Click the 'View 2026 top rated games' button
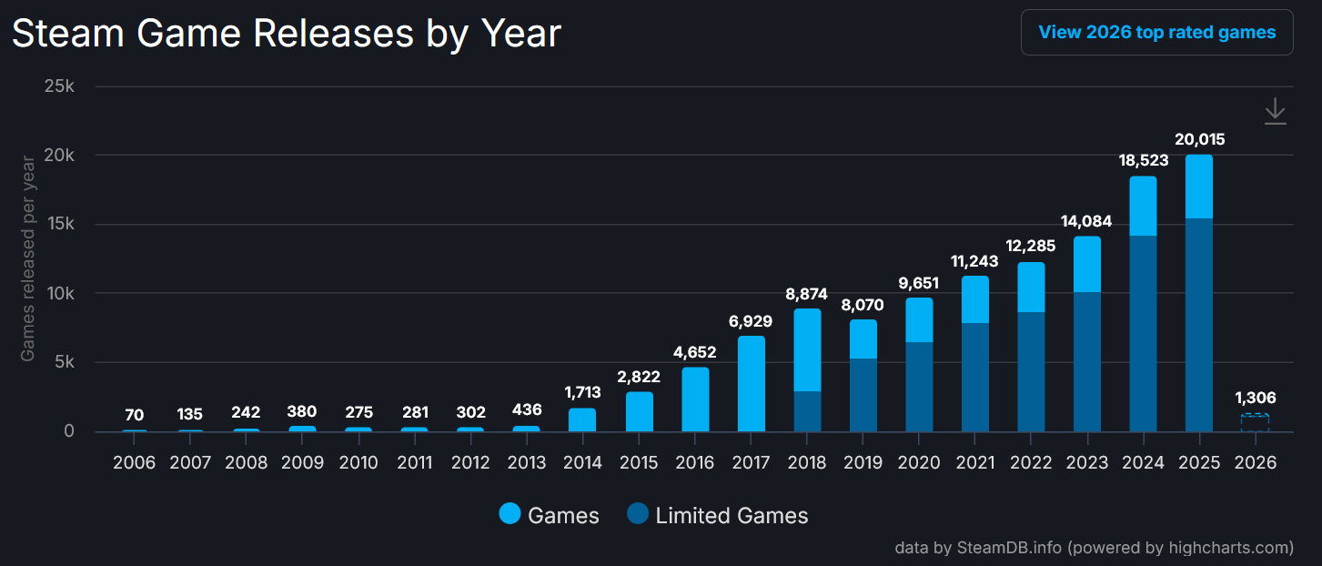click(1156, 33)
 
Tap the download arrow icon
click(1275, 111)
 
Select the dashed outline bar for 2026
click(1255, 422)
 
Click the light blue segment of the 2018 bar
click(807, 350)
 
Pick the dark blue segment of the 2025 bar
click(1198, 325)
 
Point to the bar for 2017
click(752, 383)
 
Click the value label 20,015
click(1198, 139)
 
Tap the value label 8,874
click(807, 294)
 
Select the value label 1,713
click(582, 393)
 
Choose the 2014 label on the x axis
click(582, 462)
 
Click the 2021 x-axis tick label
click(974, 462)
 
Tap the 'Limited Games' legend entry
click(718, 516)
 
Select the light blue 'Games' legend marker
click(510, 515)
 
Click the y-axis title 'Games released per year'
click(28, 258)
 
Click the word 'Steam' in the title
click(68, 34)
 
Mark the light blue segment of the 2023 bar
click(1086, 264)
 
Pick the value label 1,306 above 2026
click(1255, 398)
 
